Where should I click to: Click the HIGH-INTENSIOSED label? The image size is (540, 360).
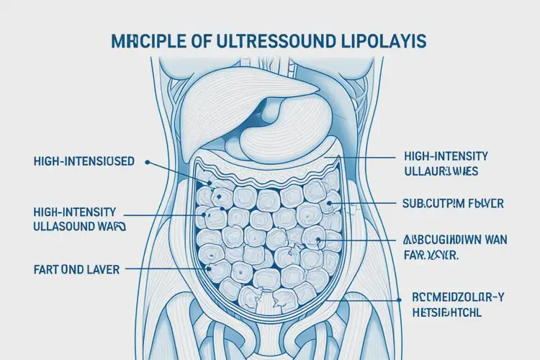pos(83,161)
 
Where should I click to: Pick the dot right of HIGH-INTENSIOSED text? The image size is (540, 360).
pos(147,163)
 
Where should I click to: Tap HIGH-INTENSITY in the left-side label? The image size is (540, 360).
pos(74,212)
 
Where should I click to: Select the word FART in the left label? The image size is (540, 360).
pos(48,269)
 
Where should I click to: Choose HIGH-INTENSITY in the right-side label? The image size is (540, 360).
pos(446,156)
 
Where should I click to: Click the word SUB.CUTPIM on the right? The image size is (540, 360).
pos(430,204)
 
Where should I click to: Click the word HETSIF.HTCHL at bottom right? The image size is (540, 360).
pos(446,312)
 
